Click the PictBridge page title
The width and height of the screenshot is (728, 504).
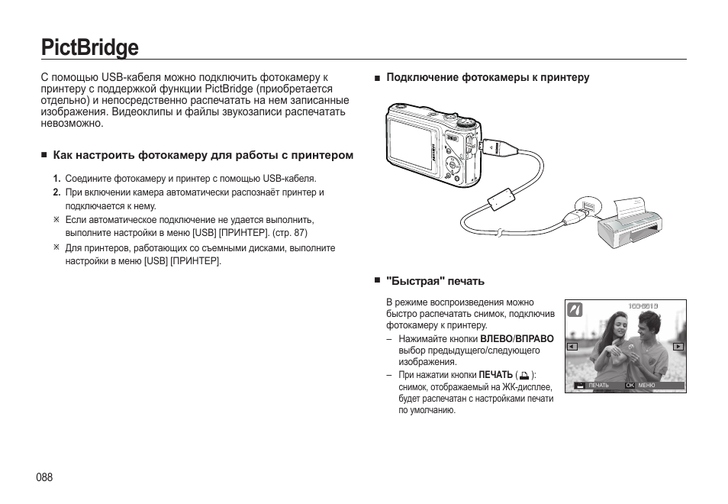tap(90, 47)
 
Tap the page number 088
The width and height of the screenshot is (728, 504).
tap(43, 477)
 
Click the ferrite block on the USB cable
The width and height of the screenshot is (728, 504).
tap(501, 199)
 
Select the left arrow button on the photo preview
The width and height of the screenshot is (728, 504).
tap(572, 347)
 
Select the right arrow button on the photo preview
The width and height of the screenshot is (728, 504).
tap(678, 347)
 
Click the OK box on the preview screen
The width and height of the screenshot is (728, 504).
tap(630, 386)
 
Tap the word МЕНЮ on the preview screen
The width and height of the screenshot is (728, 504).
tap(647, 386)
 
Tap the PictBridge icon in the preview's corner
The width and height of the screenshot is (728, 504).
tap(575, 309)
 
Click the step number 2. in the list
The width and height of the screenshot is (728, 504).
tap(56, 192)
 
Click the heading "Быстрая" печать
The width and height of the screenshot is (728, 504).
tap(435, 281)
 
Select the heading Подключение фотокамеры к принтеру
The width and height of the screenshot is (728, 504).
tap(488, 78)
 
